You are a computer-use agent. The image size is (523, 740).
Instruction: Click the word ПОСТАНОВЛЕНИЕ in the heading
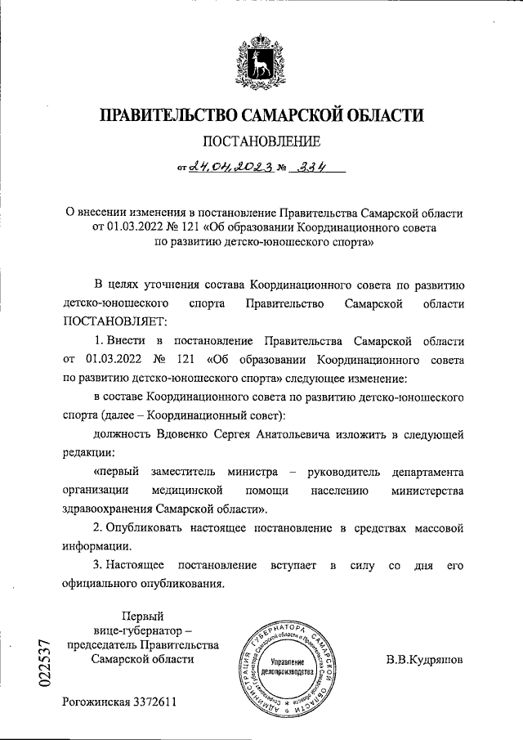[261, 141]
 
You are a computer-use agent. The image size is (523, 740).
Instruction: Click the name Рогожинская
[96, 702]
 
